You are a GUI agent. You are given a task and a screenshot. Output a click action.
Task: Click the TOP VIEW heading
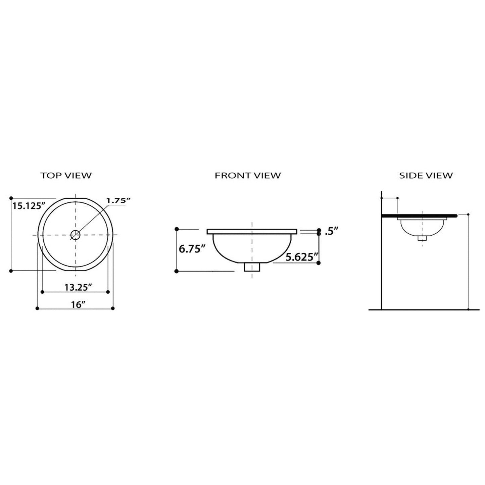(66, 175)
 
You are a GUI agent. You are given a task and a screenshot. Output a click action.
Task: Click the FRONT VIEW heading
(248, 175)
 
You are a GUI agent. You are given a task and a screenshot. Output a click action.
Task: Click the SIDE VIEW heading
(426, 175)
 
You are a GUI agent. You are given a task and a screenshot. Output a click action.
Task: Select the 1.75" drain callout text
(118, 200)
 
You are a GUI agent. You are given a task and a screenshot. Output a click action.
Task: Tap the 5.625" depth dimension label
(301, 257)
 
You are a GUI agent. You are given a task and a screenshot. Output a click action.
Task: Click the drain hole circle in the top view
(75, 235)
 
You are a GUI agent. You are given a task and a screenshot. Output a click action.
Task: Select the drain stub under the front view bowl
(252, 267)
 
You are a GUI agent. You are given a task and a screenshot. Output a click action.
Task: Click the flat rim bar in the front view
(252, 231)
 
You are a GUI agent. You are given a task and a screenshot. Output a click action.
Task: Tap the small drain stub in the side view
(422, 238)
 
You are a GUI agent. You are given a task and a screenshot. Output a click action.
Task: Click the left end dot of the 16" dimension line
(37, 308)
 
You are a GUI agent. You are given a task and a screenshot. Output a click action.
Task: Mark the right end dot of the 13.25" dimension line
(108, 292)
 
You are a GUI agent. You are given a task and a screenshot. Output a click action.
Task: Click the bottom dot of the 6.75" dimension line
(177, 271)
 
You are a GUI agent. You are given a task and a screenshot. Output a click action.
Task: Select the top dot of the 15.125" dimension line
(11, 198)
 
